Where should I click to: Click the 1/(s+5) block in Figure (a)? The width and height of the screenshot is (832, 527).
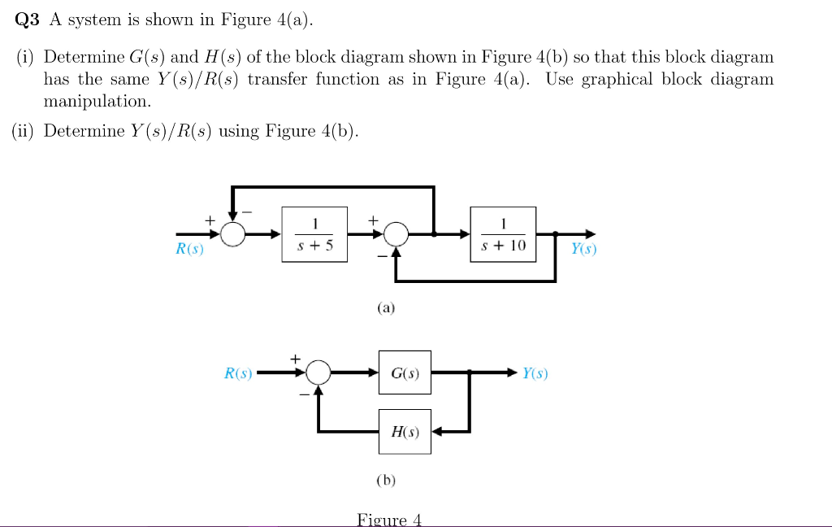point(314,234)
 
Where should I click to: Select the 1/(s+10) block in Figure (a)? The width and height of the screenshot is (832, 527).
point(504,234)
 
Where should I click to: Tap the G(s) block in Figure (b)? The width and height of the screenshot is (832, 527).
point(405,373)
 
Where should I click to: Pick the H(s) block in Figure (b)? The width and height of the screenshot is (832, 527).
point(405,432)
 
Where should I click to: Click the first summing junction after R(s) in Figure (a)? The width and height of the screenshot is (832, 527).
point(234,234)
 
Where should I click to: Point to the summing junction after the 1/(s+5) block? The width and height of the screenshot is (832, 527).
point(396,234)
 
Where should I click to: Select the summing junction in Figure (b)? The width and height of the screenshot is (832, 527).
point(318,373)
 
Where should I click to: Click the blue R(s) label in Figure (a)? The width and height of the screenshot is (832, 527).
point(190,250)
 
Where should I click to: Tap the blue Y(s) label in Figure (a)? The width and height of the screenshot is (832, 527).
point(583,250)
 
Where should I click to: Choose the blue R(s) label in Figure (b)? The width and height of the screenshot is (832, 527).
point(238,373)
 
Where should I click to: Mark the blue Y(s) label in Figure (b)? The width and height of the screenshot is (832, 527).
point(535,373)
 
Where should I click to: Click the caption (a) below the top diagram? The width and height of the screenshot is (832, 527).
point(385,308)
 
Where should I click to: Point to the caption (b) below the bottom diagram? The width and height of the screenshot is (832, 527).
point(386,480)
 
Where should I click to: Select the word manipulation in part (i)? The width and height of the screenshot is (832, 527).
point(97,102)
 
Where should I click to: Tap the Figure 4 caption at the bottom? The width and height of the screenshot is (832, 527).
point(389,520)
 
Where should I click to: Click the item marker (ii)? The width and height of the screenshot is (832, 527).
point(24,131)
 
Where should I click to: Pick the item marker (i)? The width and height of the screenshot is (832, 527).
point(27,57)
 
